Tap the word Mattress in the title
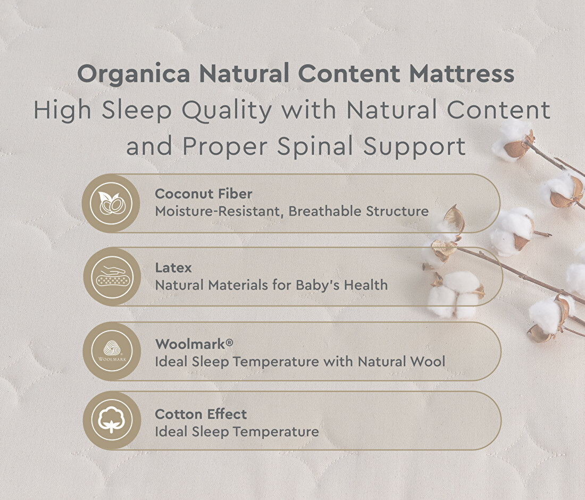(462, 73)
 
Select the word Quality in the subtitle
(227, 111)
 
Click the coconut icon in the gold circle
(111, 203)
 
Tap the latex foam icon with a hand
(112, 277)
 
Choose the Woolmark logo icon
(112, 351)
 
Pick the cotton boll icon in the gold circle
(112, 420)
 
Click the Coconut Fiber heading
(204, 194)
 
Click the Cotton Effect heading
(200, 414)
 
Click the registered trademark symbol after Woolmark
(229, 341)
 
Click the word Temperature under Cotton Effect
(275, 432)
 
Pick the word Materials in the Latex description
(238, 285)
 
